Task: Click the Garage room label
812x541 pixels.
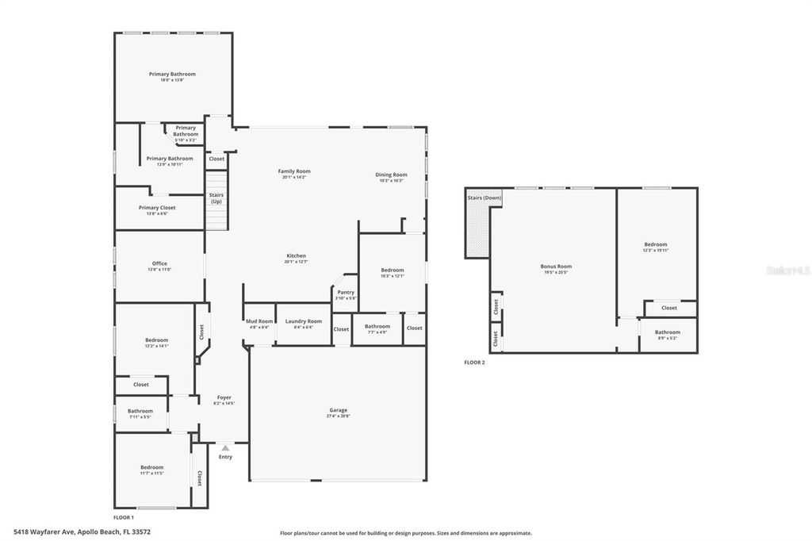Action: coord(339,410)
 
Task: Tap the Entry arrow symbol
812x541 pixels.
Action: coord(225,448)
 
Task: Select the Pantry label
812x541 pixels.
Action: coord(346,292)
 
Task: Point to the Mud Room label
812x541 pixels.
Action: coord(259,320)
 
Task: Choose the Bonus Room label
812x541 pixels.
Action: coord(556,267)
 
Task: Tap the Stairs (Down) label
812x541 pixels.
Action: coord(484,197)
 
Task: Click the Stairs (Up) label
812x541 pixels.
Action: coord(216,198)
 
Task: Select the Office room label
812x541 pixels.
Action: coord(159,264)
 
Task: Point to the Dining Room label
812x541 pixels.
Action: coord(391,175)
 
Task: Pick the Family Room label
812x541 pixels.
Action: coord(293,171)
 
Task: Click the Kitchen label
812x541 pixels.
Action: coord(297,255)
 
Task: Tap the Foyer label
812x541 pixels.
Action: coord(224,397)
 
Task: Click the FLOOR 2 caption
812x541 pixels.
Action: coord(474,363)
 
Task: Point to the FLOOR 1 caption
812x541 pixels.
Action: coord(124,517)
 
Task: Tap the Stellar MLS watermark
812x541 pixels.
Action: coord(787,270)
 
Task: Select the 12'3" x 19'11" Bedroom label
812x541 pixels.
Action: coord(656,244)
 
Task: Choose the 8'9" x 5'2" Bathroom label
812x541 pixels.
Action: coord(668,332)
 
